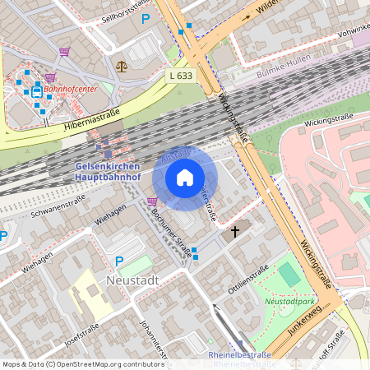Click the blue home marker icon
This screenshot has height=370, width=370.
(185, 178)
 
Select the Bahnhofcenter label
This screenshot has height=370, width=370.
(70, 88)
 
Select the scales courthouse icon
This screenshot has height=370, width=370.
(123, 66)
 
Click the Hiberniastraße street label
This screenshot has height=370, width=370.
(92, 121)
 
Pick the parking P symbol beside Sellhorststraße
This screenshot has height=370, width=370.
(146, 19)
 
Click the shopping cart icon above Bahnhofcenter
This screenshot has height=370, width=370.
(64, 51)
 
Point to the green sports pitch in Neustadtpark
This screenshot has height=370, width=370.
(289, 275)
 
